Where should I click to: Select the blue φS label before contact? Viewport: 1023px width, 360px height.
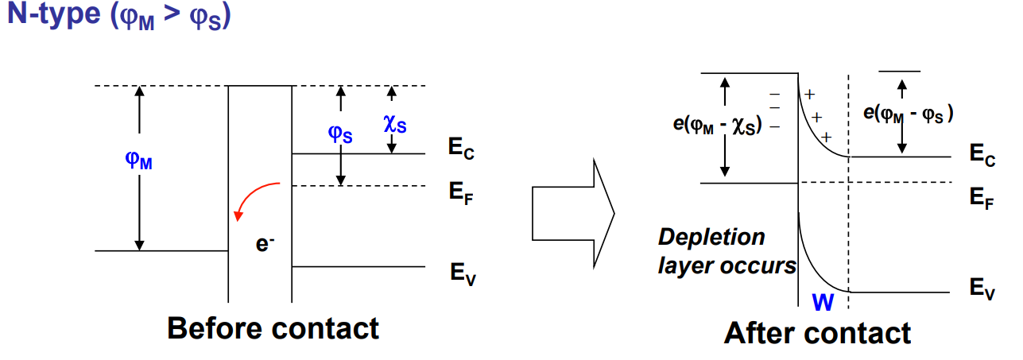click(x=341, y=132)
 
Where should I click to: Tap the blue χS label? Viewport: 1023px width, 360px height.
click(x=395, y=124)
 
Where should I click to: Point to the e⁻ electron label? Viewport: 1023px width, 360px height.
click(x=265, y=244)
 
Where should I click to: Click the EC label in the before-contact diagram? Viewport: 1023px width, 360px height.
click(x=461, y=149)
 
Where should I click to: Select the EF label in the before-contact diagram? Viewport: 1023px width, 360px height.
click(x=461, y=193)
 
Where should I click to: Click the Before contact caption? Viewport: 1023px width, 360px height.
click(x=273, y=327)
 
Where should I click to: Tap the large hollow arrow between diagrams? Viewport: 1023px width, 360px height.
click(x=572, y=211)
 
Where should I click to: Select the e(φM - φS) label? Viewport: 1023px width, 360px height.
click(x=909, y=114)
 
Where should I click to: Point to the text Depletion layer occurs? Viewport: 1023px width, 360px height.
click(x=726, y=251)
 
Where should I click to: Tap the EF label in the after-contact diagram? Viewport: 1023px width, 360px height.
click(x=981, y=198)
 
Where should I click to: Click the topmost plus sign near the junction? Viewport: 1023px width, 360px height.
click(x=810, y=95)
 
